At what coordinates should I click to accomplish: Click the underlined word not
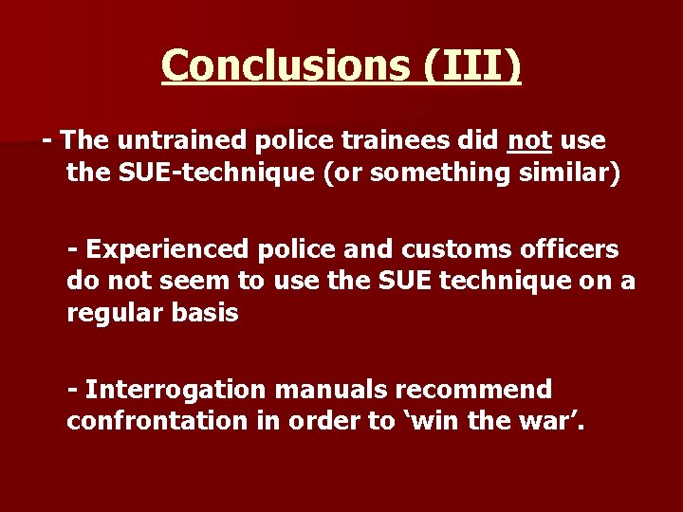[530, 141]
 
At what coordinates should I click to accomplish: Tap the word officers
[572, 249]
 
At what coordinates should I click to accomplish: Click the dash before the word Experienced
[72, 249]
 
